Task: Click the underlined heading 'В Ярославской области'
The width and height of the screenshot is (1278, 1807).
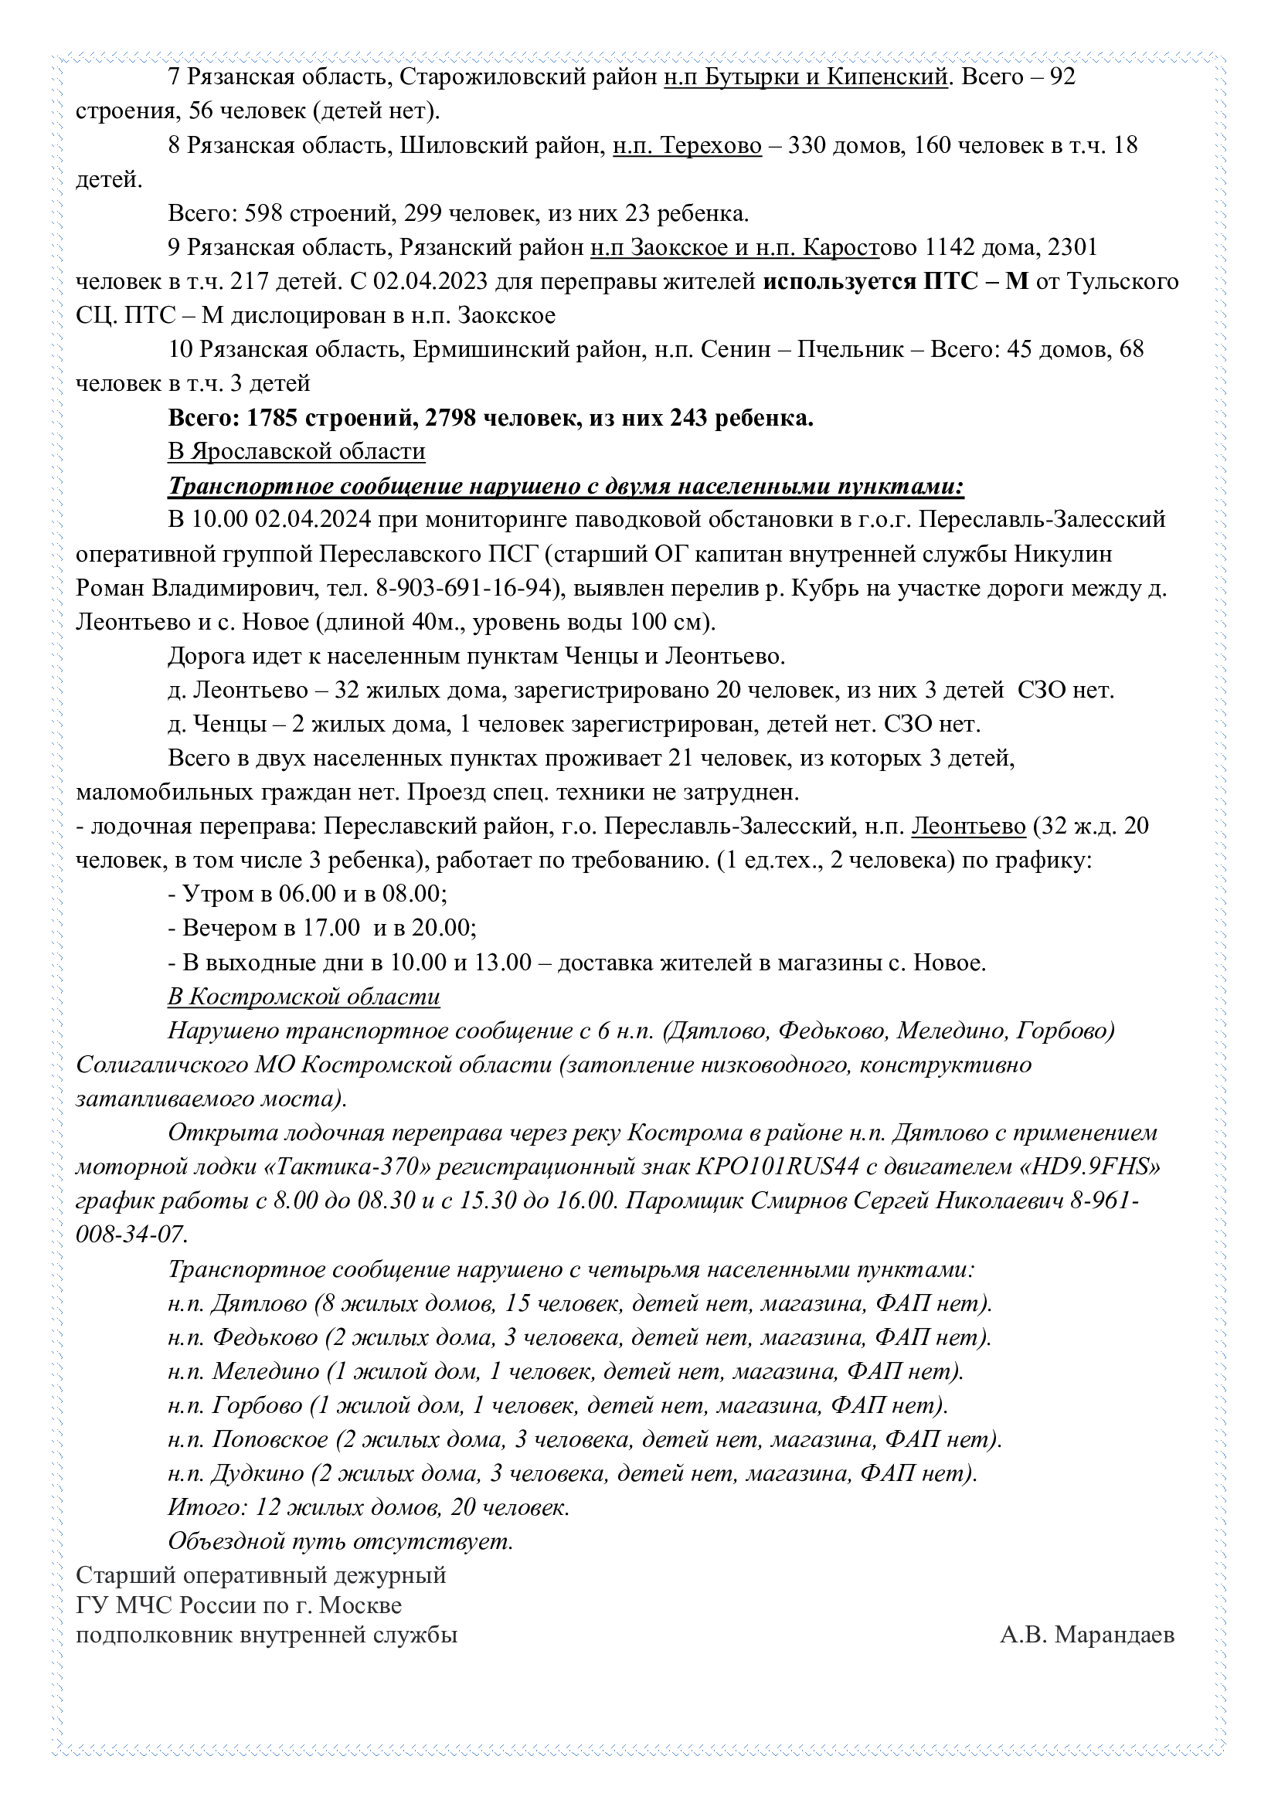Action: click(x=296, y=452)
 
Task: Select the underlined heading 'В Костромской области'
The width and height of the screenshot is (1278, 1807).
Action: click(x=303, y=997)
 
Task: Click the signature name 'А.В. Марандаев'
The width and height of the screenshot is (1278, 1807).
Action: click(x=1087, y=1635)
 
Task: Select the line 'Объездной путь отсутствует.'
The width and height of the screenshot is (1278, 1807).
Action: click(x=340, y=1541)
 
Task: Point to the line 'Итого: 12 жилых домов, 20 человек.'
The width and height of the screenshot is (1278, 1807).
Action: click(x=369, y=1507)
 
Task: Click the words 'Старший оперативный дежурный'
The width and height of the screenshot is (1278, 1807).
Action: click(x=260, y=1574)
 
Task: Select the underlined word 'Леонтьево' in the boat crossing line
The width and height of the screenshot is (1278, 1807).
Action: click(x=969, y=827)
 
